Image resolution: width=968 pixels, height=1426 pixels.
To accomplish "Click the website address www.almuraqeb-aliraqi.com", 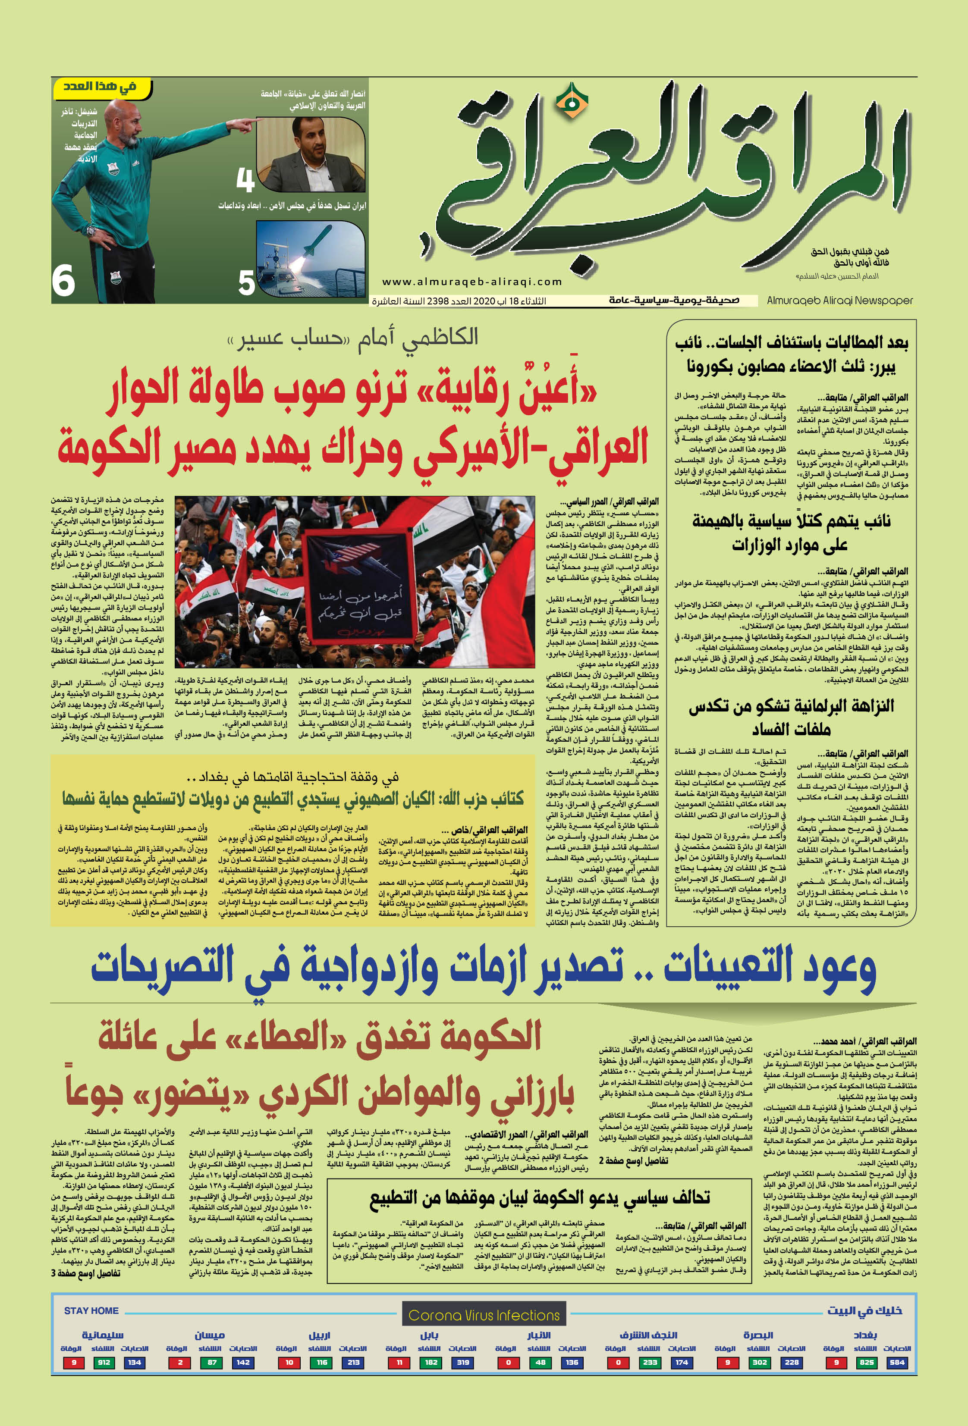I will (472, 282).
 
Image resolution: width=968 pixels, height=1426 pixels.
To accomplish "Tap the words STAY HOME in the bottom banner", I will (91, 1310).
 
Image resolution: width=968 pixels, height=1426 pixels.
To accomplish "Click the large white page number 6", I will (63, 281).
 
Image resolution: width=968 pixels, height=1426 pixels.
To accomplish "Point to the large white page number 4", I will (245, 180).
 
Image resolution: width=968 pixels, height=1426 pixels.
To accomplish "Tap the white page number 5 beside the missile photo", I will (246, 283).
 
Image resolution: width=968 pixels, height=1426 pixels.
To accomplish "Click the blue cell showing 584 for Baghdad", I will (897, 1362).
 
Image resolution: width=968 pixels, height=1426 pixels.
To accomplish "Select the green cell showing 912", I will (104, 1362).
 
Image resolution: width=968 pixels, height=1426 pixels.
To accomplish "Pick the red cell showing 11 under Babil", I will (399, 1362).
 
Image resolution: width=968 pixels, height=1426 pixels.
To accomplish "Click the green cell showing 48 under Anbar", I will (540, 1362).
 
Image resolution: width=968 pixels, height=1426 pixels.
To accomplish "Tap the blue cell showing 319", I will (463, 1362).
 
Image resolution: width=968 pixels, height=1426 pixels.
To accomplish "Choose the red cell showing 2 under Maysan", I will (180, 1362).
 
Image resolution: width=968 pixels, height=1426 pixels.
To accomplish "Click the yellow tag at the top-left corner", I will (101, 87).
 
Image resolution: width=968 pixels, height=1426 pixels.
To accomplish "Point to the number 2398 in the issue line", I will (439, 301).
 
